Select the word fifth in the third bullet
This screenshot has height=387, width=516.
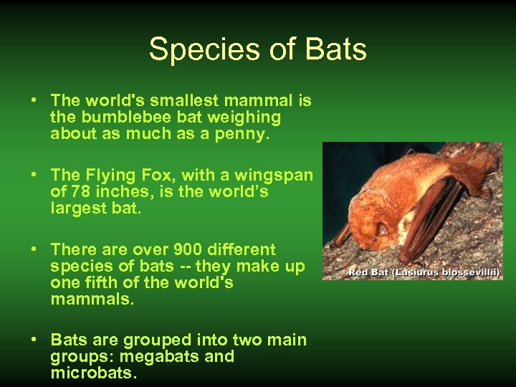[102, 282]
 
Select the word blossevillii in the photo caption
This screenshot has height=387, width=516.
[472, 272]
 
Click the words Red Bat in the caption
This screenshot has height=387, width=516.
[365, 272]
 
